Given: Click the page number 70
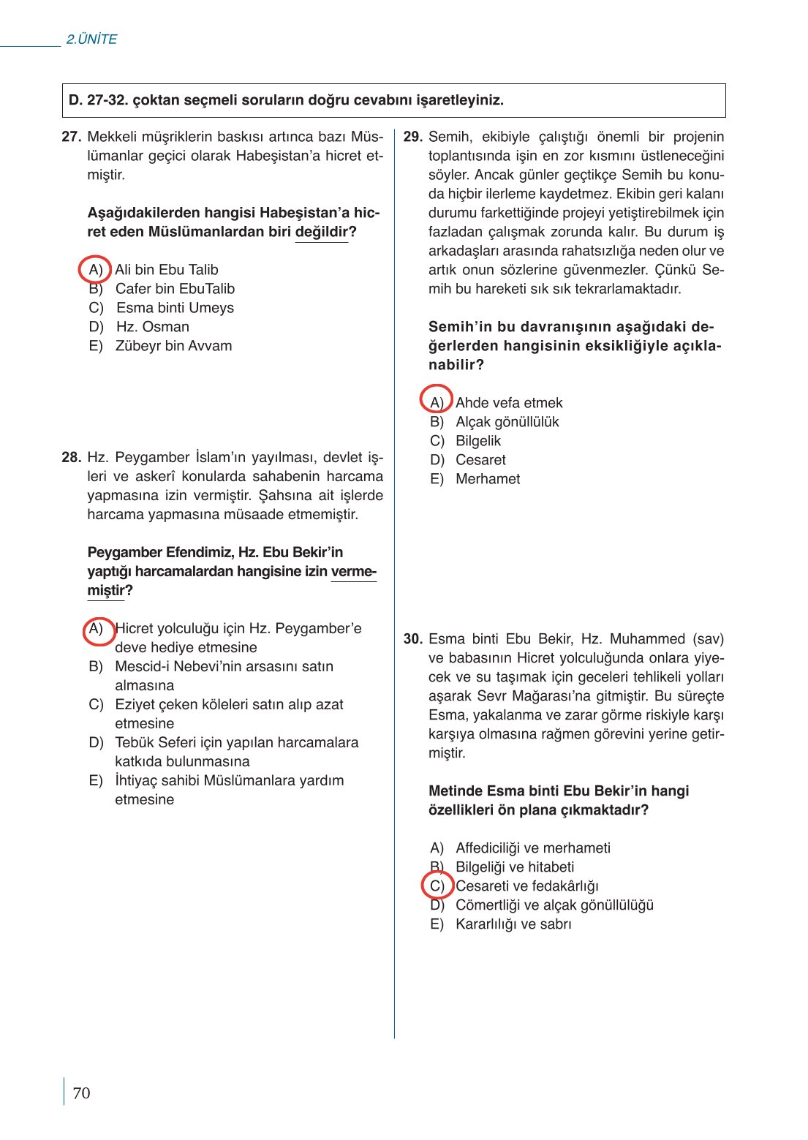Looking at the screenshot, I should [x=81, y=1092].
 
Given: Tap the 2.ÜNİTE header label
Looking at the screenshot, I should [x=91, y=39].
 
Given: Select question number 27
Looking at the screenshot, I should [x=71, y=137].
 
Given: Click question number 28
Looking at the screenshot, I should [x=71, y=458].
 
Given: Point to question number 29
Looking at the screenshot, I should [x=413, y=137].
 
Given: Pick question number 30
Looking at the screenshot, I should [x=413, y=639].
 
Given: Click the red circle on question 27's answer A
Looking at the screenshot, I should [x=95, y=270].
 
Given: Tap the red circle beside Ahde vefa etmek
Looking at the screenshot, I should [x=437, y=399].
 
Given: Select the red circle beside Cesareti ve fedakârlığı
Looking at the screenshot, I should [x=437, y=886].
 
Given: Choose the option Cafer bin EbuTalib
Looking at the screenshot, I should [x=175, y=289].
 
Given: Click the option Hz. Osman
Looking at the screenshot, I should [x=152, y=327].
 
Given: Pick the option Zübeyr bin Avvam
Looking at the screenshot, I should [x=173, y=346].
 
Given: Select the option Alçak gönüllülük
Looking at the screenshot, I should [x=507, y=422].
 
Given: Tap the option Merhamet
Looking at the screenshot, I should [x=488, y=479].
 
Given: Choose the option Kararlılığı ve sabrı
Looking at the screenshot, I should [x=513, y=924].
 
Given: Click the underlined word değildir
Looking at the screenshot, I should [x=322, y=233].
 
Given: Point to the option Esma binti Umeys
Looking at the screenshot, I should [x=175, y=308].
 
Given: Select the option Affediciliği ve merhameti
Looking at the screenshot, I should [x=532, y=848].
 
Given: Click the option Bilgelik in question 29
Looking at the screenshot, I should [x=478, y=441].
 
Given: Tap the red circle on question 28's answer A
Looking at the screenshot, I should [x=97, y=630].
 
